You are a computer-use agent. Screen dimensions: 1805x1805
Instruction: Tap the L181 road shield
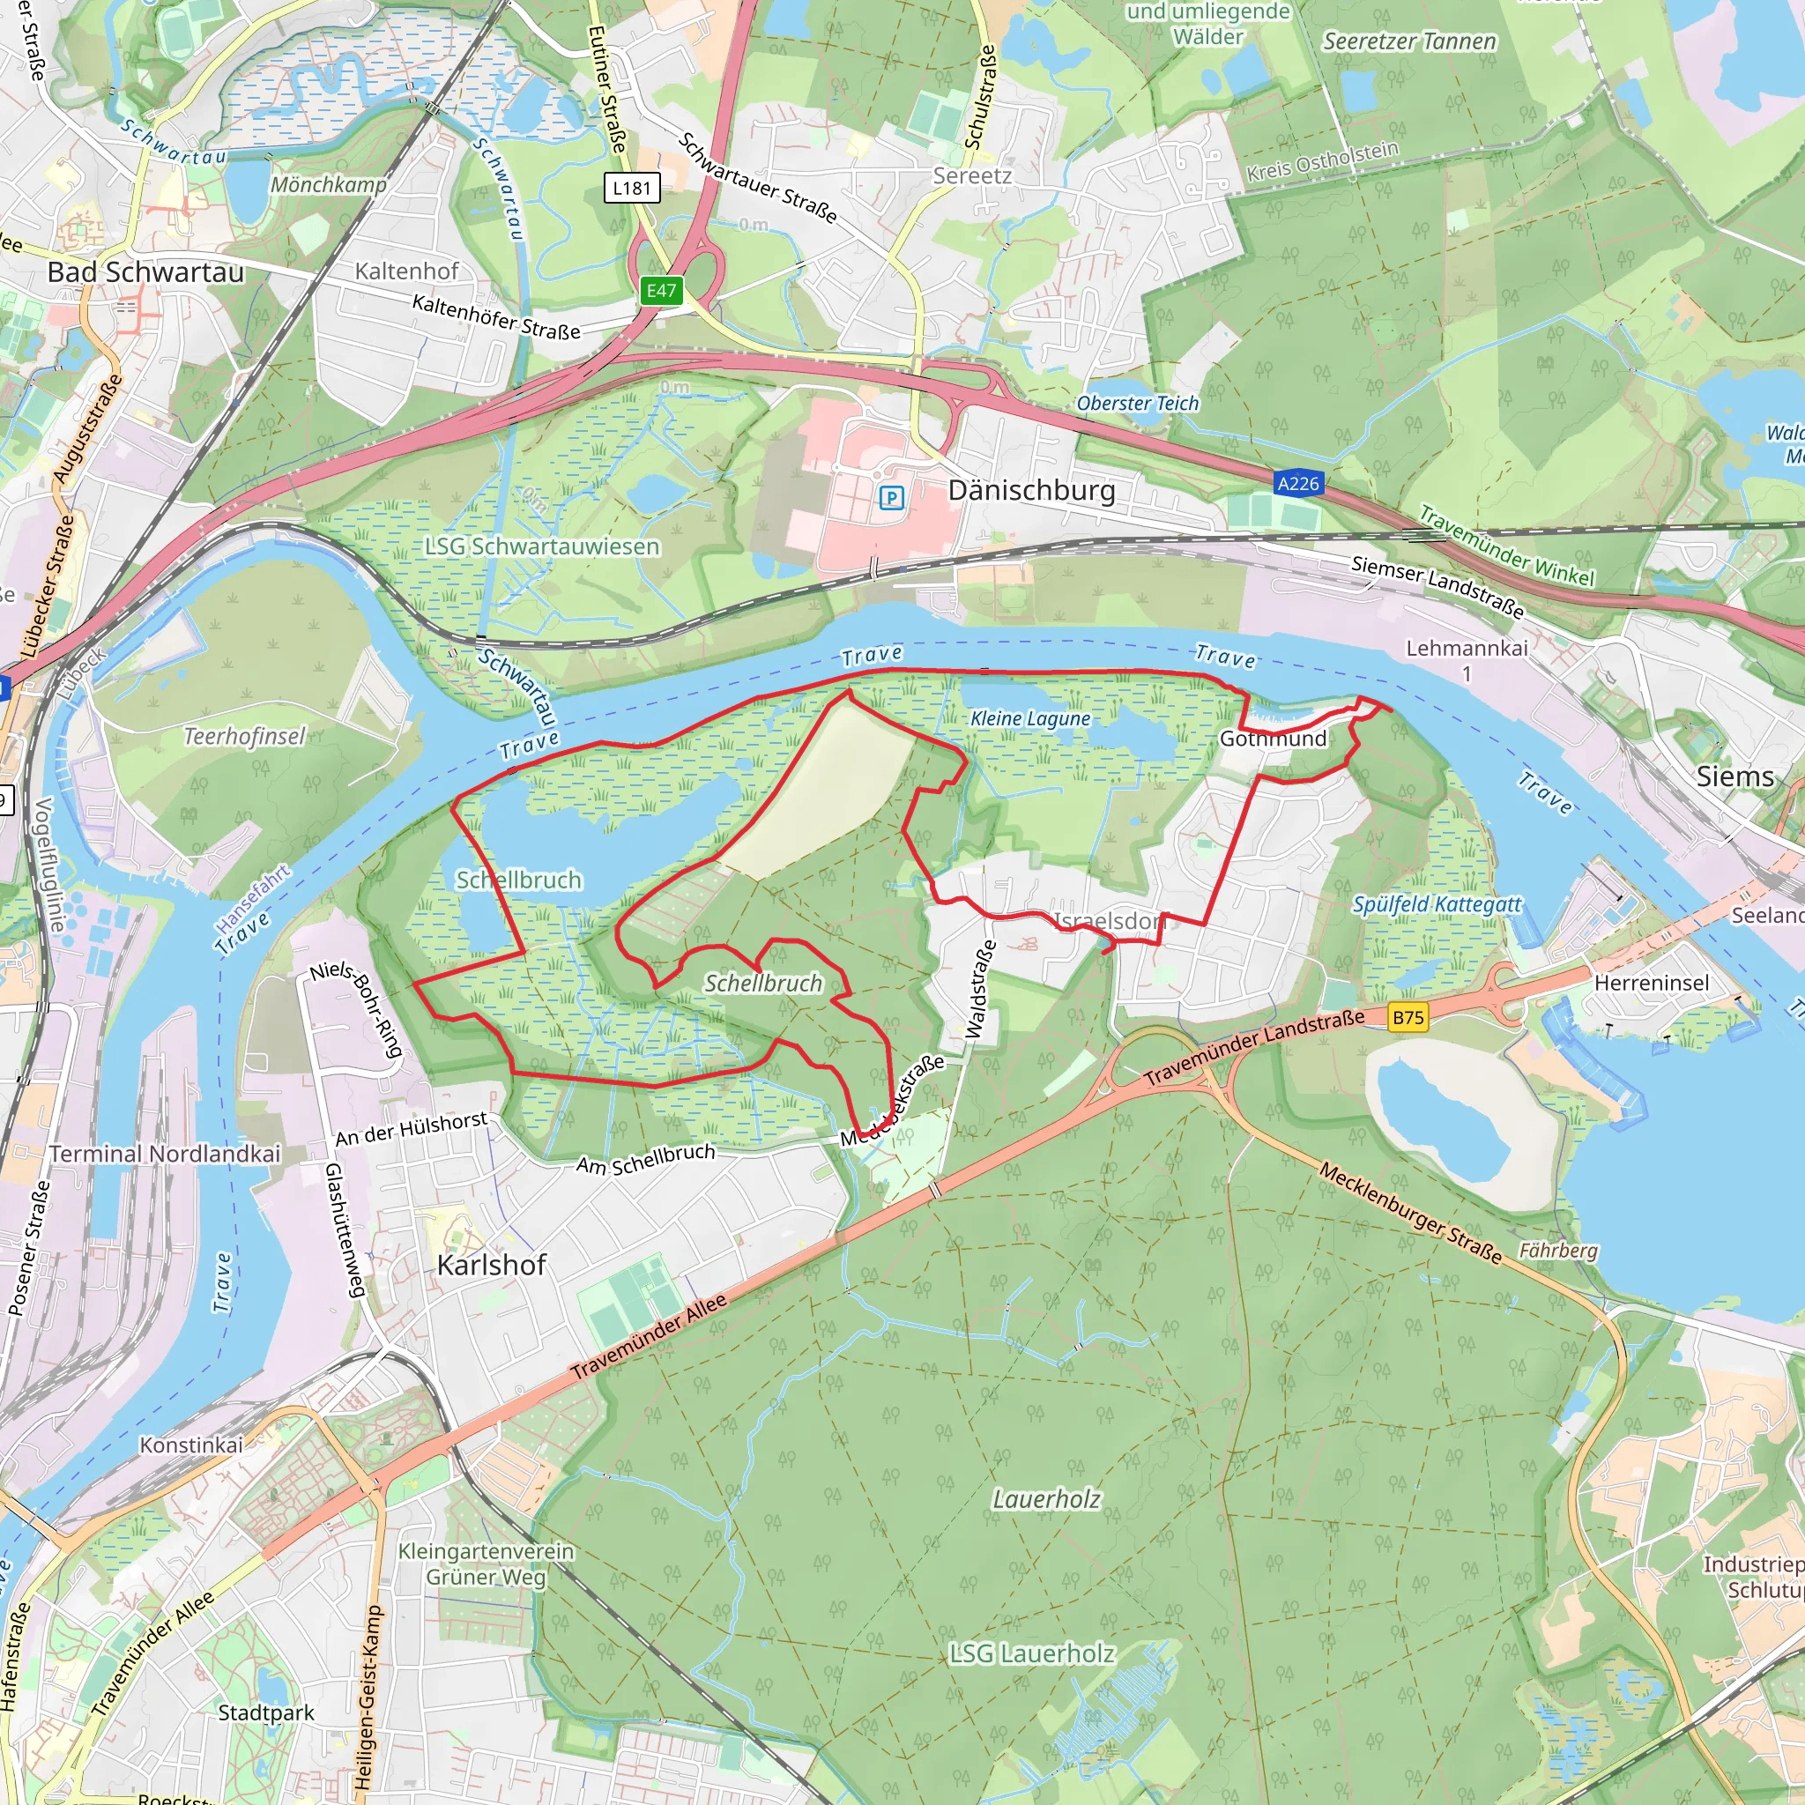point(632,188)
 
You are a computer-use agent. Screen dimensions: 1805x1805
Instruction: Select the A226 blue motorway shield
point(1297,483)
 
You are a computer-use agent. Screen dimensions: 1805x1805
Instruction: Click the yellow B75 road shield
point(1408,1017)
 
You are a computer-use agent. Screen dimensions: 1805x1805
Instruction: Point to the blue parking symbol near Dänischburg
point(891,498)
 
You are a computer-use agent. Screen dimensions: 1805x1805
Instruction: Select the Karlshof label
point(492,1265)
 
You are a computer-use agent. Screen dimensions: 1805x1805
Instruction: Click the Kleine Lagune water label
point(1030,718)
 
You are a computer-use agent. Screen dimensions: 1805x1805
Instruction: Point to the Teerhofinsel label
point(245,736)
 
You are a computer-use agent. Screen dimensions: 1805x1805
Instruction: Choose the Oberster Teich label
point(1137,404)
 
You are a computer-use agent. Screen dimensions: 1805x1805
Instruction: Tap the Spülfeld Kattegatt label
point(1437,903)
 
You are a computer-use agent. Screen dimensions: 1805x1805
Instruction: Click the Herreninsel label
point(1651,983)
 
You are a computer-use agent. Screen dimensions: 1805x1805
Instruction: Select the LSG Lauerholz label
point(1031,1653)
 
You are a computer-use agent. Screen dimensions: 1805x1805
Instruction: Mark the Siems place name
point(1734,776)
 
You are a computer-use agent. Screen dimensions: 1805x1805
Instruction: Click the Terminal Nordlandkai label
point(165,1154)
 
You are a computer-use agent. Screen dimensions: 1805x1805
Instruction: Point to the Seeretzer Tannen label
point(1409,41)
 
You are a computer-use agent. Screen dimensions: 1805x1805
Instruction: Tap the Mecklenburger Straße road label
point(1410,1213)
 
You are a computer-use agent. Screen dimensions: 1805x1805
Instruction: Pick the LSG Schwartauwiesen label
point(542,546)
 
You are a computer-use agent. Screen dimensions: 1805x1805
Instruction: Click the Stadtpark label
point(266,1712)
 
